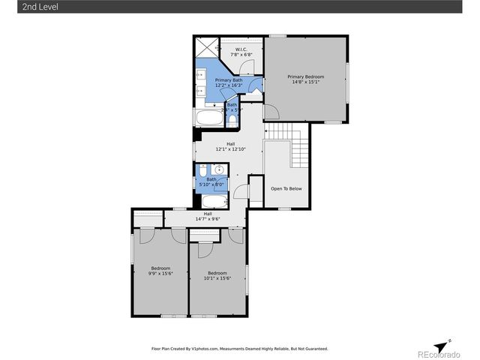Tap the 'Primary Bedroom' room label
307,76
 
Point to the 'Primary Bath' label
229,79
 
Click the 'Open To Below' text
286,188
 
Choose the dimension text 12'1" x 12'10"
232,149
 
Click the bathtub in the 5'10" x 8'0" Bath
213,201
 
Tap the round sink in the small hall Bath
213,170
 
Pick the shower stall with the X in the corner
205,46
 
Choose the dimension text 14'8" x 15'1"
307,82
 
